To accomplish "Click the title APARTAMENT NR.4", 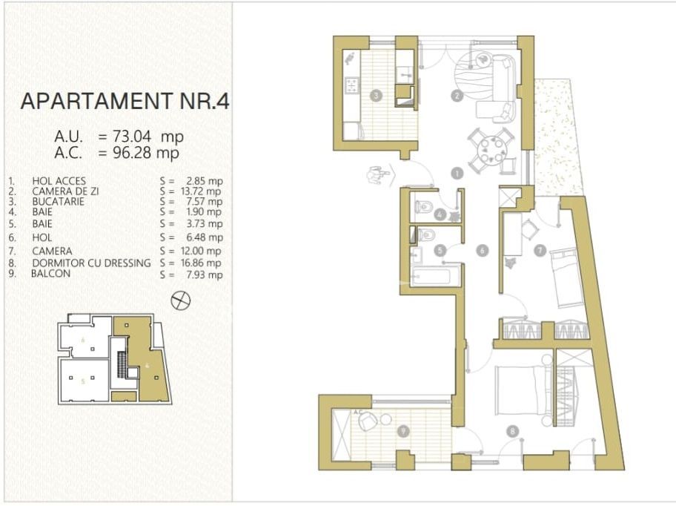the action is click(125, 101).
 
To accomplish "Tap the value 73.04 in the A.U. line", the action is click(131, 137).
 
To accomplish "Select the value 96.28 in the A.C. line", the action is click(131, 153).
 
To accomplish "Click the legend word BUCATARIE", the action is click(59, 202).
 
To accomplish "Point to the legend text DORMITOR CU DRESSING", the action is click(91, 263).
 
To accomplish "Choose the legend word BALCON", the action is click(50, 274).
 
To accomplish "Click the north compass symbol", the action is click(181, 300).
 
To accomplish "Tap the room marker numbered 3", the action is click(377, 95).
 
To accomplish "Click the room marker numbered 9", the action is click(403, 430).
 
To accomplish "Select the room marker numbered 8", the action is click(512, 430).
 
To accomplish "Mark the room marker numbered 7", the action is click(540, 250).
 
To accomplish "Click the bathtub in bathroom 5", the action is click(435, 276).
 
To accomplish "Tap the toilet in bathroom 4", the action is click(422, 208).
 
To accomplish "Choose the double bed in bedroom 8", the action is click(523, 390).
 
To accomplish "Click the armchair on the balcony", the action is click(368, 421).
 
